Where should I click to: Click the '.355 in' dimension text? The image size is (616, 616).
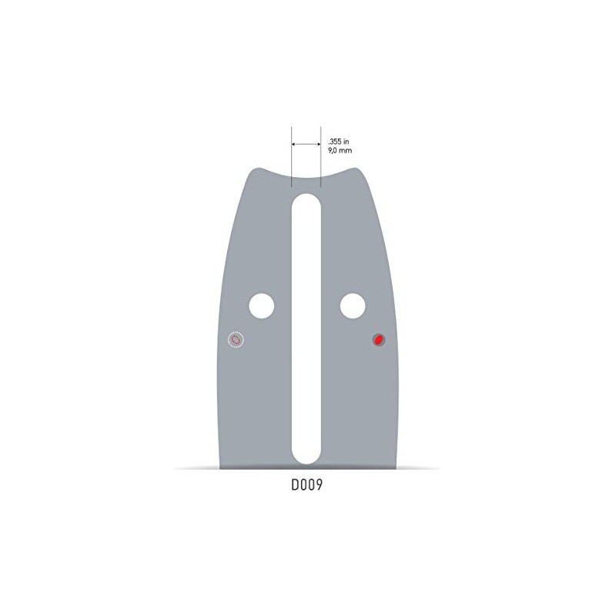pos(340,142)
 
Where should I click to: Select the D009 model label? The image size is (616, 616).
pos(306,487)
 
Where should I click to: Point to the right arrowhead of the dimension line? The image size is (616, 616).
pos(318,143)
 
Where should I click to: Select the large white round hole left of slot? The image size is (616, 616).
pos(261,306)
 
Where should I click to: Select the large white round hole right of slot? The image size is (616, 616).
pos(353,306)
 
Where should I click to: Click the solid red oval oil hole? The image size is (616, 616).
pos(379,340)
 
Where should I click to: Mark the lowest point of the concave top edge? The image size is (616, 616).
pos(306,179)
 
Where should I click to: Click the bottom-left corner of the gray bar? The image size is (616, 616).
pos(221,467)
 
